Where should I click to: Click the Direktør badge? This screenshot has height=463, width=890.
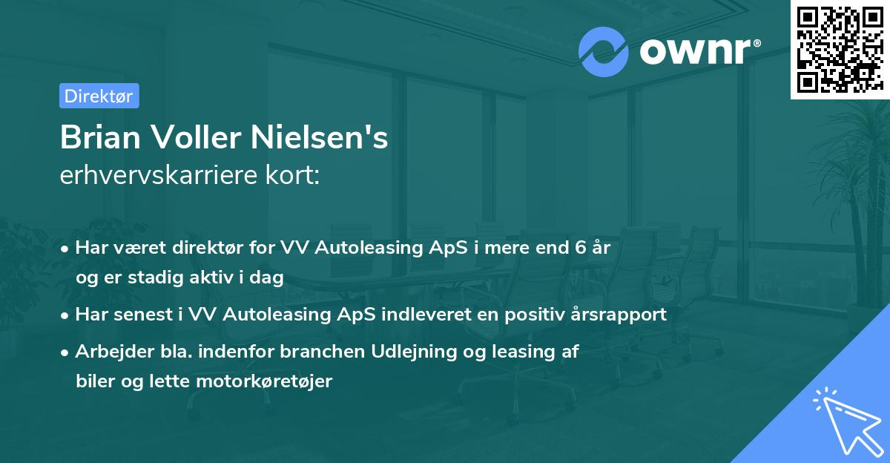point(99,96)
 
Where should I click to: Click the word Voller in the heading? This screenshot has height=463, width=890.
point(200,137)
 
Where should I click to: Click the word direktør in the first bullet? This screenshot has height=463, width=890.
point(212,248)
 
